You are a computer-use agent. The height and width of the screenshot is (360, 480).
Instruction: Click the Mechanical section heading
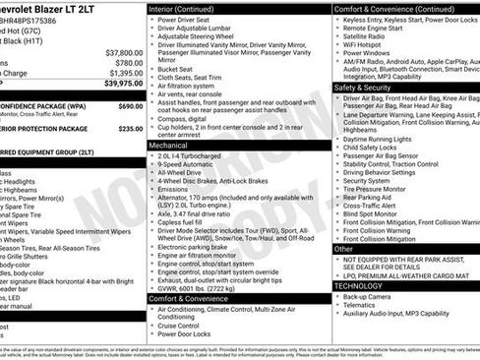click(168, 144)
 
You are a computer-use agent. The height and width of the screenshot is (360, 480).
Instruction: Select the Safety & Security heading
click(363, 88)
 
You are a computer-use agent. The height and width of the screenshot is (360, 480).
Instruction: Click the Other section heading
click(343, 249)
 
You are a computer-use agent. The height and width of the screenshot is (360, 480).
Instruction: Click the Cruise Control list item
click(186, 324)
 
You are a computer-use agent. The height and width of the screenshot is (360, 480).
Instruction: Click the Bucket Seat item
click(177, 70)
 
